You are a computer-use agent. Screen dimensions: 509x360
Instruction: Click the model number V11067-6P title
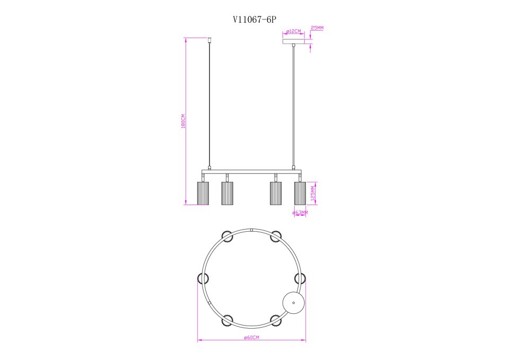(x=254, y=20)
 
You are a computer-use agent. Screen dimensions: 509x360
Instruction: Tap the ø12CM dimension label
(x=294, y=31)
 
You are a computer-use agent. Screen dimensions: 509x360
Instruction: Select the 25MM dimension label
(x=317, y=28)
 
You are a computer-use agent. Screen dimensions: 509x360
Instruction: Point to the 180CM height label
(x=183, y=121)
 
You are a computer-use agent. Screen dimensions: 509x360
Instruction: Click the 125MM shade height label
(x=313, y=194)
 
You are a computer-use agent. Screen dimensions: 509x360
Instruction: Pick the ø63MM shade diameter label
(x=300, y=213)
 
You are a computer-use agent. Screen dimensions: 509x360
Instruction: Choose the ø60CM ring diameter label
(x=251, y=338)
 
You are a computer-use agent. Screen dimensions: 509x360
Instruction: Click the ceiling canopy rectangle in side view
(x=294, y=42)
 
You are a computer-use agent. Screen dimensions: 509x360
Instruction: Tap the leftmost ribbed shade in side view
(x=203, y=193)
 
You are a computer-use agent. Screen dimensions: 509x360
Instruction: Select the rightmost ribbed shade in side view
(x=300, y=193)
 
